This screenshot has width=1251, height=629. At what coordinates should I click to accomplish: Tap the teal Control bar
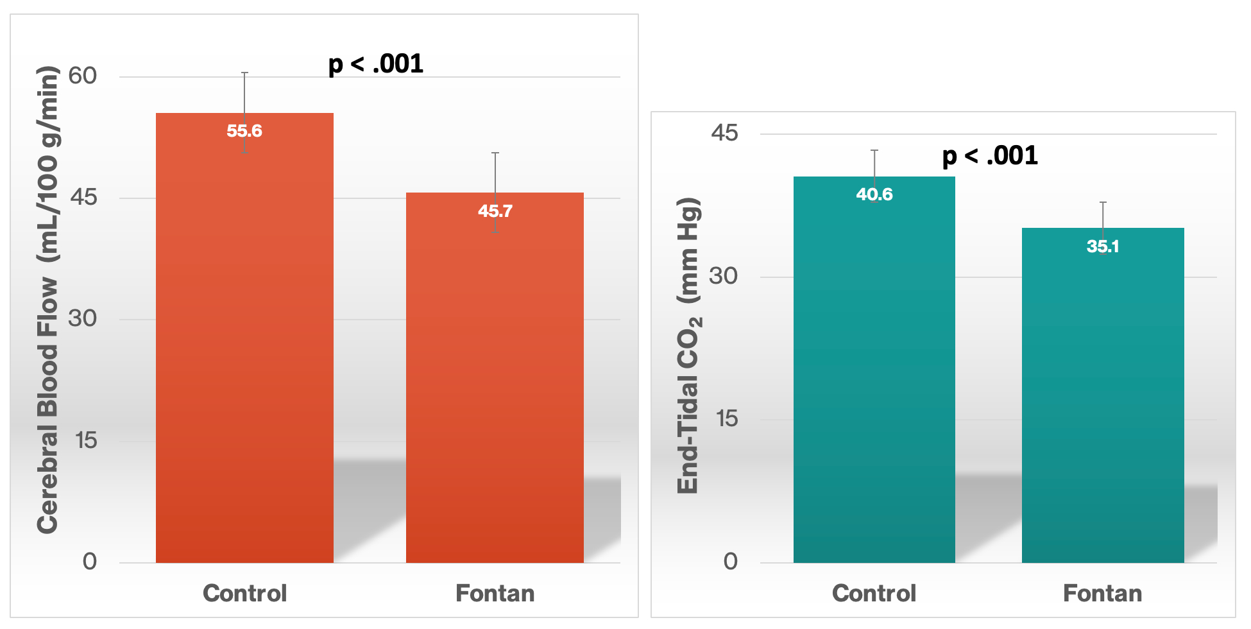point(874,385)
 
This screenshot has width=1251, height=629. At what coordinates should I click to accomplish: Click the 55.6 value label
point(244,131)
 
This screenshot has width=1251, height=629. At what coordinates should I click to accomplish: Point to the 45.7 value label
point(495,211)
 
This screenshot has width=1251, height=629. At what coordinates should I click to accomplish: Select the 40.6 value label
point(874,194)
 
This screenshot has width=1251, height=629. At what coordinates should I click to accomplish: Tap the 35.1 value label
point(1102,246)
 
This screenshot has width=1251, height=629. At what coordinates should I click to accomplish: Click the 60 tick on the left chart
point(83,76)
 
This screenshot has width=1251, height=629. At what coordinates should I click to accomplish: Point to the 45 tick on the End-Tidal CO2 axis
point(724,133)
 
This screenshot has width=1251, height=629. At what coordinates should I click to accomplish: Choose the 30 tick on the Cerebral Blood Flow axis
point(83,318)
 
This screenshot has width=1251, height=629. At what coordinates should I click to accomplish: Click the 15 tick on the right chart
point(727,419)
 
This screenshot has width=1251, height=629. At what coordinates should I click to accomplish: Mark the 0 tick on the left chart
point(90,562)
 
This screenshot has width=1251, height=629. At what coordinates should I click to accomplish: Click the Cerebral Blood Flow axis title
point(47,300)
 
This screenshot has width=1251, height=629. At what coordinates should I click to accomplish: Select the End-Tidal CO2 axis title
point(689,345)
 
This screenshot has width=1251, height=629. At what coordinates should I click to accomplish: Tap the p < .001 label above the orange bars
point(376,64)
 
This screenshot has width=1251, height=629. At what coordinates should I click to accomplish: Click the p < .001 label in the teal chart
point(990,156)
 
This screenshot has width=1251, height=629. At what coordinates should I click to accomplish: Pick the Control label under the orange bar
point(244,593)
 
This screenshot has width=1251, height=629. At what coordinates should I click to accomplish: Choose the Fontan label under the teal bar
point(1102,593)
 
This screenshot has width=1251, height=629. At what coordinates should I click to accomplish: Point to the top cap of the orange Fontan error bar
point(495,153)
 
